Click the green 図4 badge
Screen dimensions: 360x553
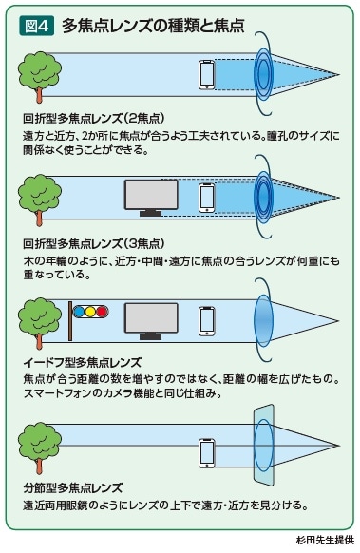coord(36,26)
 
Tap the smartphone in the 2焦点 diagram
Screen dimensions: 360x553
coord(207,75)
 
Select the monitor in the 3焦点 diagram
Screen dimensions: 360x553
coord(151,198)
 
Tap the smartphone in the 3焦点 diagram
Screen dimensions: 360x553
coord(207,198)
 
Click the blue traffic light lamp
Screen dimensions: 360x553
coord(79,311)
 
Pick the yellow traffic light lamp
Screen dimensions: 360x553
coord(90,311)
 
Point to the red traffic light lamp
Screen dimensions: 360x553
coord(103,311)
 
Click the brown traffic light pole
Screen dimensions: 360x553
coord(70,321)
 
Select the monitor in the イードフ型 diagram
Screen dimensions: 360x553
coord(151,321)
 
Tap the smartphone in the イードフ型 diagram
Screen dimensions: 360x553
coord(207,321)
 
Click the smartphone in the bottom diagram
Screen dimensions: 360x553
coord(207,453)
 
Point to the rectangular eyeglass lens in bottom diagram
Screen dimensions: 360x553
coord(264,445)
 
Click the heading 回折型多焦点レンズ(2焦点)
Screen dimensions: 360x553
coord(94,119)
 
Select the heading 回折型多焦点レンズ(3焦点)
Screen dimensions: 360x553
coord(94,243)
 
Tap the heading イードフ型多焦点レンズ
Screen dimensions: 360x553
coord(83,362)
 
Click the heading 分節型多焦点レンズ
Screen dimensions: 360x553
coord(73,488)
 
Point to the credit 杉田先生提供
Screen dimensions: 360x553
coord(325,541)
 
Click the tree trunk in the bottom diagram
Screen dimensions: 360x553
coord(40,464)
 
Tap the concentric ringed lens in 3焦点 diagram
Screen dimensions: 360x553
coord(264,198)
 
